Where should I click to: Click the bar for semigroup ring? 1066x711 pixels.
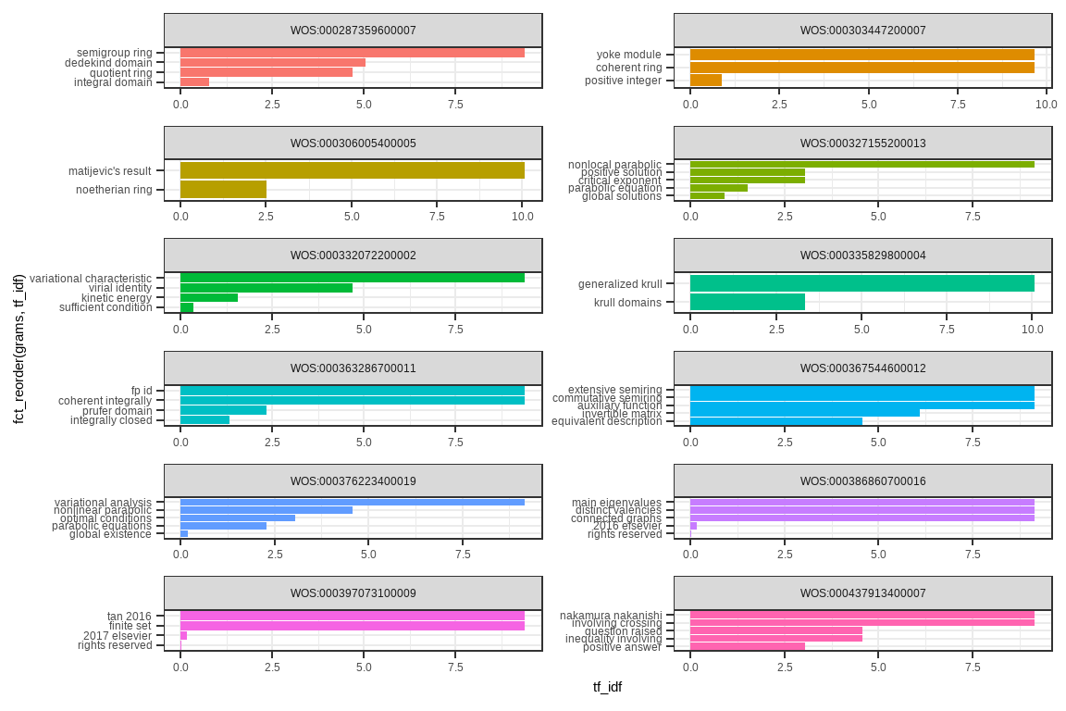[352, 53]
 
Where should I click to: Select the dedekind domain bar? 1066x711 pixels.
[272, 63]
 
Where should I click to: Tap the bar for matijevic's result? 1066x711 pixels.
[352, 170]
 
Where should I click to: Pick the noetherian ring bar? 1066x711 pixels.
[223, 190]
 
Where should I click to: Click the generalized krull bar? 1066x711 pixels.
[861, 283]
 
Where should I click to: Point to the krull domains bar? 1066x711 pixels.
[747, 302]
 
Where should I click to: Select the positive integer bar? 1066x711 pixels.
[705, 81]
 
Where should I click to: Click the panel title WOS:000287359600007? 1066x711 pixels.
[353, 31]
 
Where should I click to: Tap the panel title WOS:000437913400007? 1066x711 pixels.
[862, 593]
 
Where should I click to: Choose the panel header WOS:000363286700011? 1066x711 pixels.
[353, 368]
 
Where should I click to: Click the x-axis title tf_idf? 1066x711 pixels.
[607, 687]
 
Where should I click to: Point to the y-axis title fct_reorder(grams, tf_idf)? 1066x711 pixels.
[19, 348]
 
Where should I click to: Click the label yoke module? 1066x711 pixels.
[628, 55]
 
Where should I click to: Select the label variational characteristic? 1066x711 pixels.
[90, 278]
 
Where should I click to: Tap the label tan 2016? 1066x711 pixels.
[129, 616]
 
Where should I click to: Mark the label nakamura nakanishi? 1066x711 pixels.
[611, 615]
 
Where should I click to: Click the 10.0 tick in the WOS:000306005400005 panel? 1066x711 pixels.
[522, 216]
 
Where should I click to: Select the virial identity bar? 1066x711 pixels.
[266, 288]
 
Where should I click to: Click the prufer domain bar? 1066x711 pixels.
[223, 410]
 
